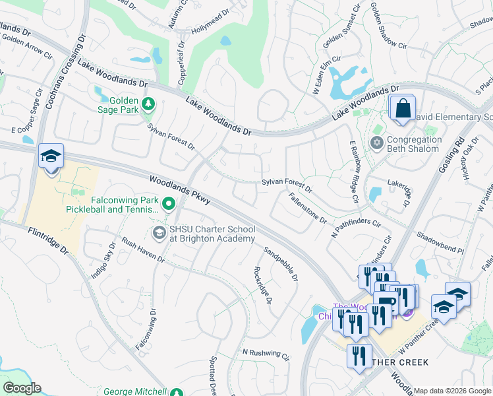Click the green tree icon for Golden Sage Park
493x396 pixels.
coord(149,103)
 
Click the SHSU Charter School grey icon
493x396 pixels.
coord(159,232)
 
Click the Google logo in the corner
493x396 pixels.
coord(21,388)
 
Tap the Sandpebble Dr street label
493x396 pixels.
coord(280,264)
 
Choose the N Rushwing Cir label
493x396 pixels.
coord(266,354)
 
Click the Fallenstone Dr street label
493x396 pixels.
coord(307,207)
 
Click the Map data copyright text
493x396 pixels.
coord(452,391)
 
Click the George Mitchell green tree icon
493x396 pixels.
coord(176,393)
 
